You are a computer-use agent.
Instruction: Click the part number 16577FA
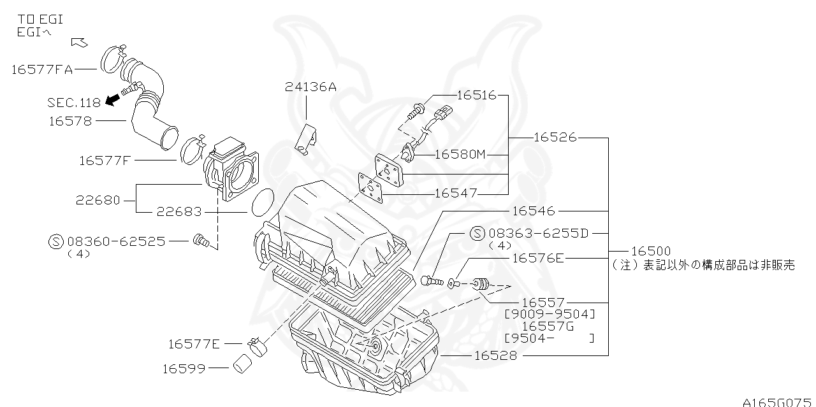[x=42, y=69]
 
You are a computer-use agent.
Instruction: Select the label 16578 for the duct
[x=70, y=120]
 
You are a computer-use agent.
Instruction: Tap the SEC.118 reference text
[x=73, y=103]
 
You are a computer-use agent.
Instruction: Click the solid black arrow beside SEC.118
[x=113, y=99]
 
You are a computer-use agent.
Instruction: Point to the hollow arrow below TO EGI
[x=79, y=43]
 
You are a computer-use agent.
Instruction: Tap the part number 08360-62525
[x=116, y=241]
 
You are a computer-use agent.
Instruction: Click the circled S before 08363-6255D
[x=477, y=234]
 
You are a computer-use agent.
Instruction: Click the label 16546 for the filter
[x=533, y=211]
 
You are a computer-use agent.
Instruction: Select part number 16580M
[x=460, y=154]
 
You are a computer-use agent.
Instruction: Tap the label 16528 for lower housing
[x=495, y=355]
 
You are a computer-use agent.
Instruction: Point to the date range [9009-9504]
[x=549, y=314]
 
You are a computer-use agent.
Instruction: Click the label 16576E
[x=538, y=258]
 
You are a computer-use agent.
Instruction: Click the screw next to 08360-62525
[x=201, y=241]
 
